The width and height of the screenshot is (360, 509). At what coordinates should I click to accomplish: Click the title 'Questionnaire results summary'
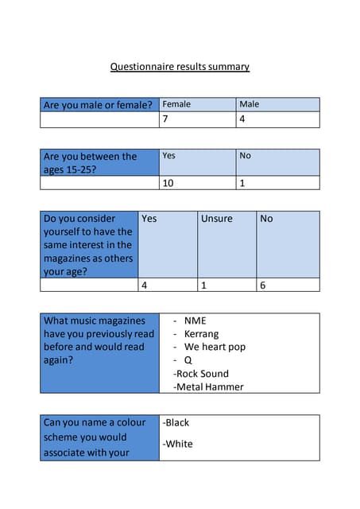click(x=180, y=67)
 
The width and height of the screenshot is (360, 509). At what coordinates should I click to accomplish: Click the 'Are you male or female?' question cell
click(x=98, y=105)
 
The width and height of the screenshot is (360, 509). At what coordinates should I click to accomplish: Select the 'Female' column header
click(x=176, y=104)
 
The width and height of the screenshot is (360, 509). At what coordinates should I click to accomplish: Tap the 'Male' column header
click(x=250, y=104)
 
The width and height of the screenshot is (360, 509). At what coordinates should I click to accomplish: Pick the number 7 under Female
click(x=165, y=119)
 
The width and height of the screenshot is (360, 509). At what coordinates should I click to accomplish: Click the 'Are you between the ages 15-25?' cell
click(x=90, y=162)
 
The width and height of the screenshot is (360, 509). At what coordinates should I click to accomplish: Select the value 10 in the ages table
click(x=168, y=183)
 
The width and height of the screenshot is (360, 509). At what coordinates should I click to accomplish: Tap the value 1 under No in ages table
click(x=242, y=183)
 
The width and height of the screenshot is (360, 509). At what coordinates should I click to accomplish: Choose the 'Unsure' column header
click(x=216, y=218)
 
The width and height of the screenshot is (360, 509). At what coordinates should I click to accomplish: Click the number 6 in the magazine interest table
click(x=263, y=285)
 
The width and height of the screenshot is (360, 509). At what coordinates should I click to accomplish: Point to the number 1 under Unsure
click(x=203, y=285)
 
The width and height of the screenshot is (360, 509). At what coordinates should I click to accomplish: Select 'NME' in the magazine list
click(x=195, y=321)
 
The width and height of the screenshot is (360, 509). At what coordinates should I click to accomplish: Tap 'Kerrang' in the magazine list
click(x=201, y=334)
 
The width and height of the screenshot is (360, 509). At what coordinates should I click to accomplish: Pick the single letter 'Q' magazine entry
click(x=188, y=360)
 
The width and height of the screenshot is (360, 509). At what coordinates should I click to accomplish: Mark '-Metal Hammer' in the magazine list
click(x=208, y=387)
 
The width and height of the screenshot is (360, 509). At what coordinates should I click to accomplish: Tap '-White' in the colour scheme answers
click(x=177, y=444)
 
